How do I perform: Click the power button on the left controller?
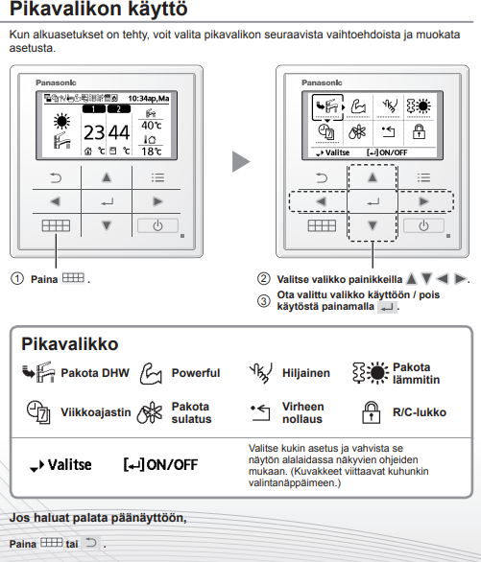point(157,225)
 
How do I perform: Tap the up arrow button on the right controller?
point(373,177)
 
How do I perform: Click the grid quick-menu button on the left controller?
point(56,225)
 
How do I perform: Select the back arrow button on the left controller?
point(56,177)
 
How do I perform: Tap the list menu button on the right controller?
point(423,177)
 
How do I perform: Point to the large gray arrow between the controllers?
point(241,162)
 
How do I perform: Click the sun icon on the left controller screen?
point(61,121)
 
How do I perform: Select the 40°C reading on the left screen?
point(152,126)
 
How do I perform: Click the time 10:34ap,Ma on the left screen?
point(149,99)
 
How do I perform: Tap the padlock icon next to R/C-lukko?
point(371,412)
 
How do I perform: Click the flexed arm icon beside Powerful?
point(151,373)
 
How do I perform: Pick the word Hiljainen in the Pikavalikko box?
point(306,373)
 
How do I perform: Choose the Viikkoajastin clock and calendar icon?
point(38,412)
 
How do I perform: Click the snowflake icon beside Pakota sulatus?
point(150,412)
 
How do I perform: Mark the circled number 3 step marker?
point(264,301)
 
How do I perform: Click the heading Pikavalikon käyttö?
point(98,9)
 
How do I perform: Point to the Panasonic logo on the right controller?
point(322,82)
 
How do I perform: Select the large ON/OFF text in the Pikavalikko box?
point(172,465)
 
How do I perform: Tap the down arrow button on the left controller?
point(107,225)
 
